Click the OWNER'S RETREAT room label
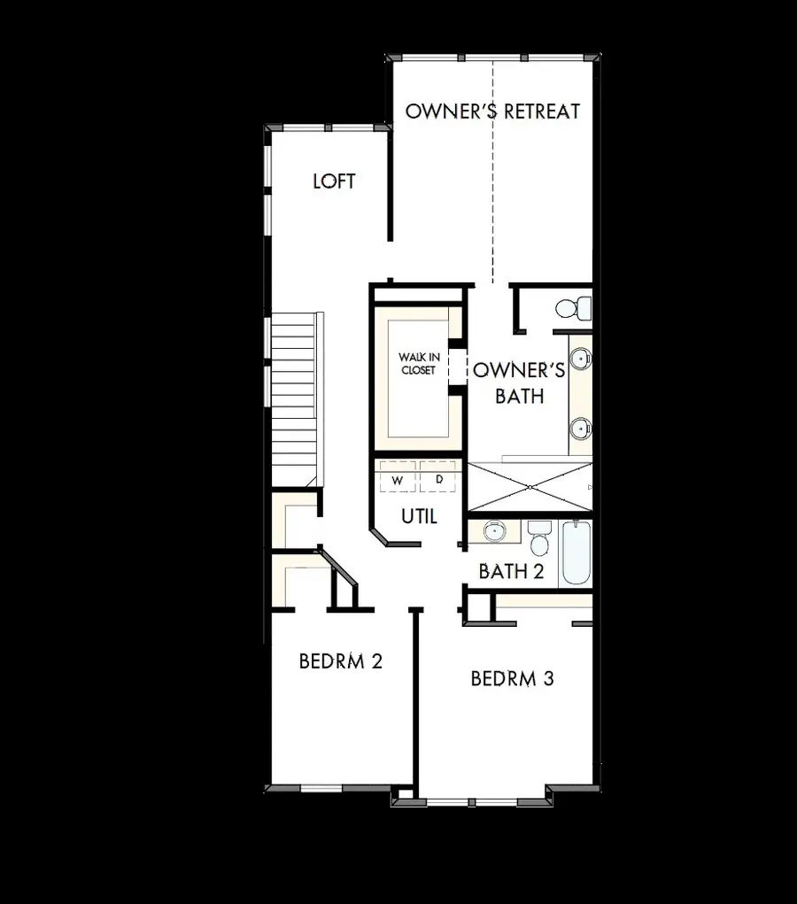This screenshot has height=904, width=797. click(492, 112)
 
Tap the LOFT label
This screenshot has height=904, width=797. click(334, 182)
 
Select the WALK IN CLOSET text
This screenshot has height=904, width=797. click(417, 364)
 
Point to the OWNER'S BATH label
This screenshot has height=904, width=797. click(518, 382)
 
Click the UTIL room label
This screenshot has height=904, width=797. click(419, 516)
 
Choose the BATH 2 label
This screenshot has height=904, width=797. click(511, 571)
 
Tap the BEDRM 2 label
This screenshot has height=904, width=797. click(340, 661)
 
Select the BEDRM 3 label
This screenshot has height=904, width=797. click(512, 679)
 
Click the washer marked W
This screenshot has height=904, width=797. click(398, 480)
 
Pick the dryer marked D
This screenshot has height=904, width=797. click(438, 480)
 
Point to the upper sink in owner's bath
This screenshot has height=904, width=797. click(580, 359)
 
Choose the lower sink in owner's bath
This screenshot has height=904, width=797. click(580, 429)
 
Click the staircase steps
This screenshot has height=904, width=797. click(292, 398)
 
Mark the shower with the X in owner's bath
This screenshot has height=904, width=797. click(529, 486)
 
